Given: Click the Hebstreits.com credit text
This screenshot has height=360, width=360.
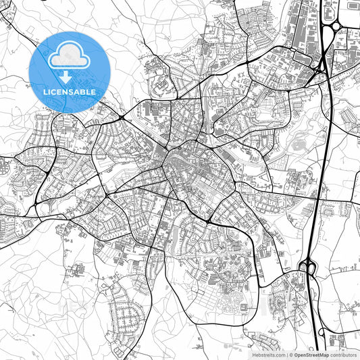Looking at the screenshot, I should click(269, 354).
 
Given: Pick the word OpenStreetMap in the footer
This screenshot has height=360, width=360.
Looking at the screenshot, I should click(311, 354).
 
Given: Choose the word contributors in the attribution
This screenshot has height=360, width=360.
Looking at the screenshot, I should click(344, 354).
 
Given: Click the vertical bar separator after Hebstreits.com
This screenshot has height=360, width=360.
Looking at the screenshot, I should click(286, 354).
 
